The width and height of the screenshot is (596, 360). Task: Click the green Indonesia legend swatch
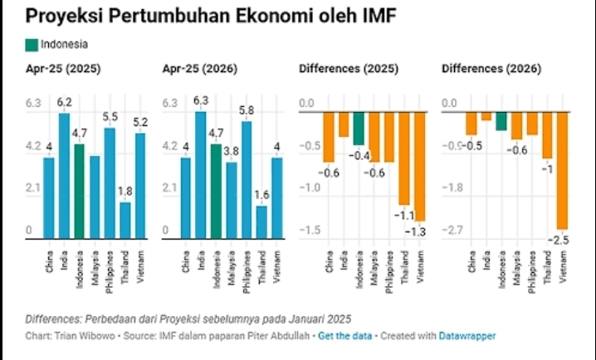tap(31, 44)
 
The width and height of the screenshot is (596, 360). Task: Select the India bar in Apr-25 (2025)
tap(65, 174)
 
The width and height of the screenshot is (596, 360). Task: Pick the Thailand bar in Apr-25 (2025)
tap(125, 219)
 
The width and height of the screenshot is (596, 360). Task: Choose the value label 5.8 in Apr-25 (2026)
tap(247, 110)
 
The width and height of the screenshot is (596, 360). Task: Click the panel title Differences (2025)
tap(345, 69)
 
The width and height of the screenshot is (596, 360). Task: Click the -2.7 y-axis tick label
tap(454, 229)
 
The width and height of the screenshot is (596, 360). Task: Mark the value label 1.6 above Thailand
tap(261, 196)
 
